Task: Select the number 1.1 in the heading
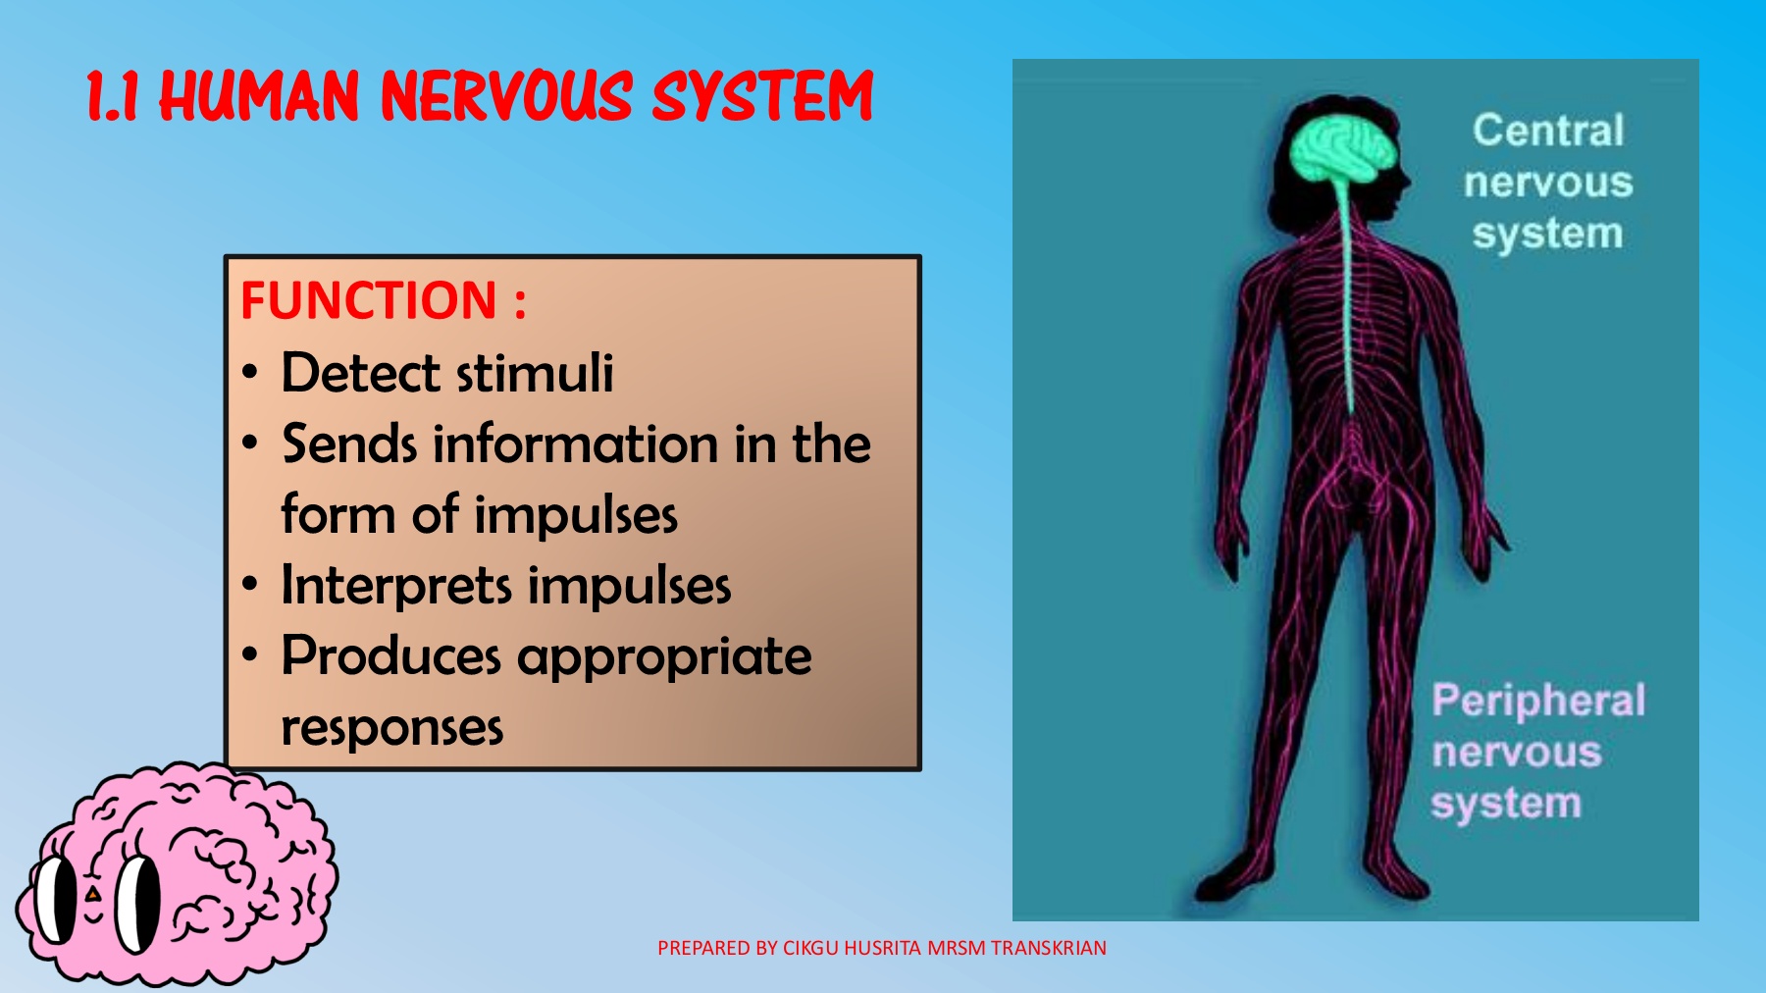[x=112, y=97]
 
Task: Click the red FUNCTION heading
[x=370, y=300]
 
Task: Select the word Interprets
[x=396, y=586]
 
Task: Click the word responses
[x=391, y=727]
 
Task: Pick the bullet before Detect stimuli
[x=250, y=374]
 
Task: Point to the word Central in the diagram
[x=1547, y=131]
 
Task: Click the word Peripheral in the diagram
[x=1537, y=701]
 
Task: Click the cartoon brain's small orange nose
[x=92, y=895]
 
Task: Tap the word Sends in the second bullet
[x=350, y=444]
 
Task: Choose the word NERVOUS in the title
[x=505, y=96]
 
